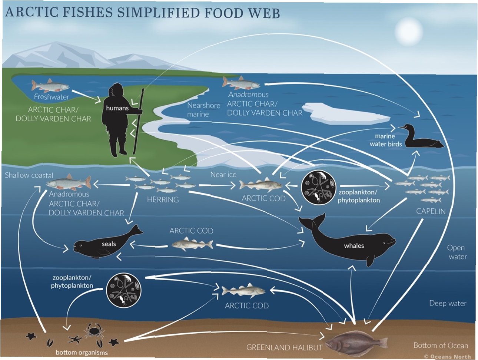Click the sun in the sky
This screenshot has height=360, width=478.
click(x=409, y=31)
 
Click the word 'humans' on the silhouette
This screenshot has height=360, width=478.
click(x=117, y=108)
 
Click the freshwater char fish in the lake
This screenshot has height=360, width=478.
click(x=50, y=86)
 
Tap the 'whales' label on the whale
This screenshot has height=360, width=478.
click(x=354, y=245)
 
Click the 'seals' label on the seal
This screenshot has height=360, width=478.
click(x=109, y=244)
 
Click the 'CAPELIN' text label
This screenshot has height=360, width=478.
click(x=431, y=211)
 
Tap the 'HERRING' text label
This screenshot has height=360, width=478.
click(x=163, y=199)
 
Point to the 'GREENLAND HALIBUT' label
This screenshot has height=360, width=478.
click(x=284, y=347)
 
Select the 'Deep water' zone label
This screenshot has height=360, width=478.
click(x=448, y=303)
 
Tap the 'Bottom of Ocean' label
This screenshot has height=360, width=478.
click(x=441, y=345)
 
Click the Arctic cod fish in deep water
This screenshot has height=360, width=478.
click(x=243, y=291)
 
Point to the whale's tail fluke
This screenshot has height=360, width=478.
click(x=313, y=221)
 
